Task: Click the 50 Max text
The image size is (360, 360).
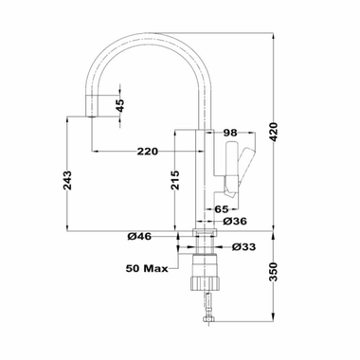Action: (147, 269)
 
